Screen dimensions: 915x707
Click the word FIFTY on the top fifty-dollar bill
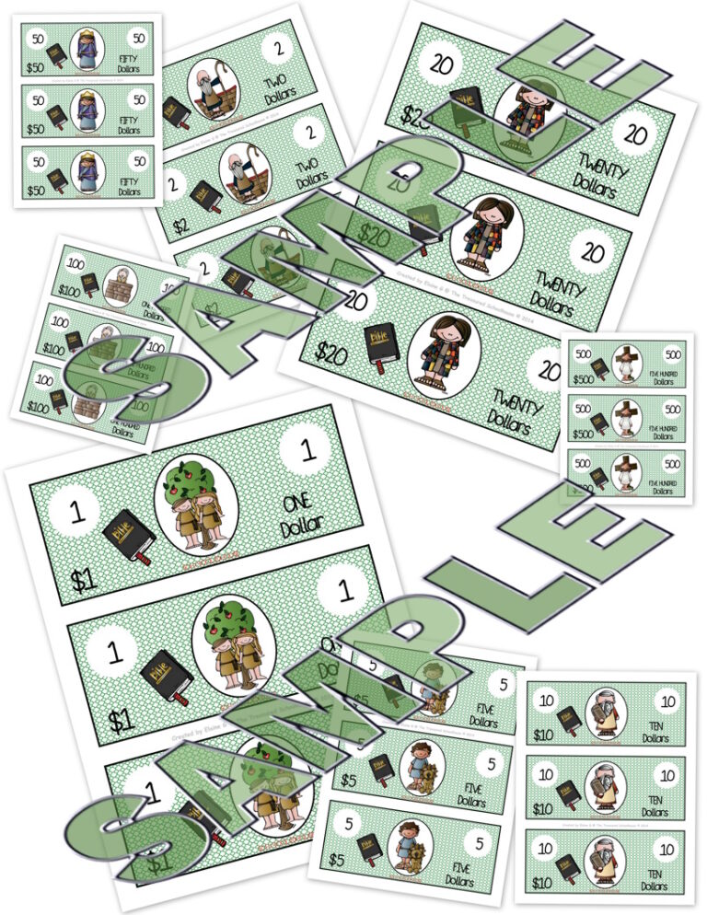pyautogui.click(x=130, y=57)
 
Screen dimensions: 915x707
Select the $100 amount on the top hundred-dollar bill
pyautogui.click(x=71, y=291)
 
